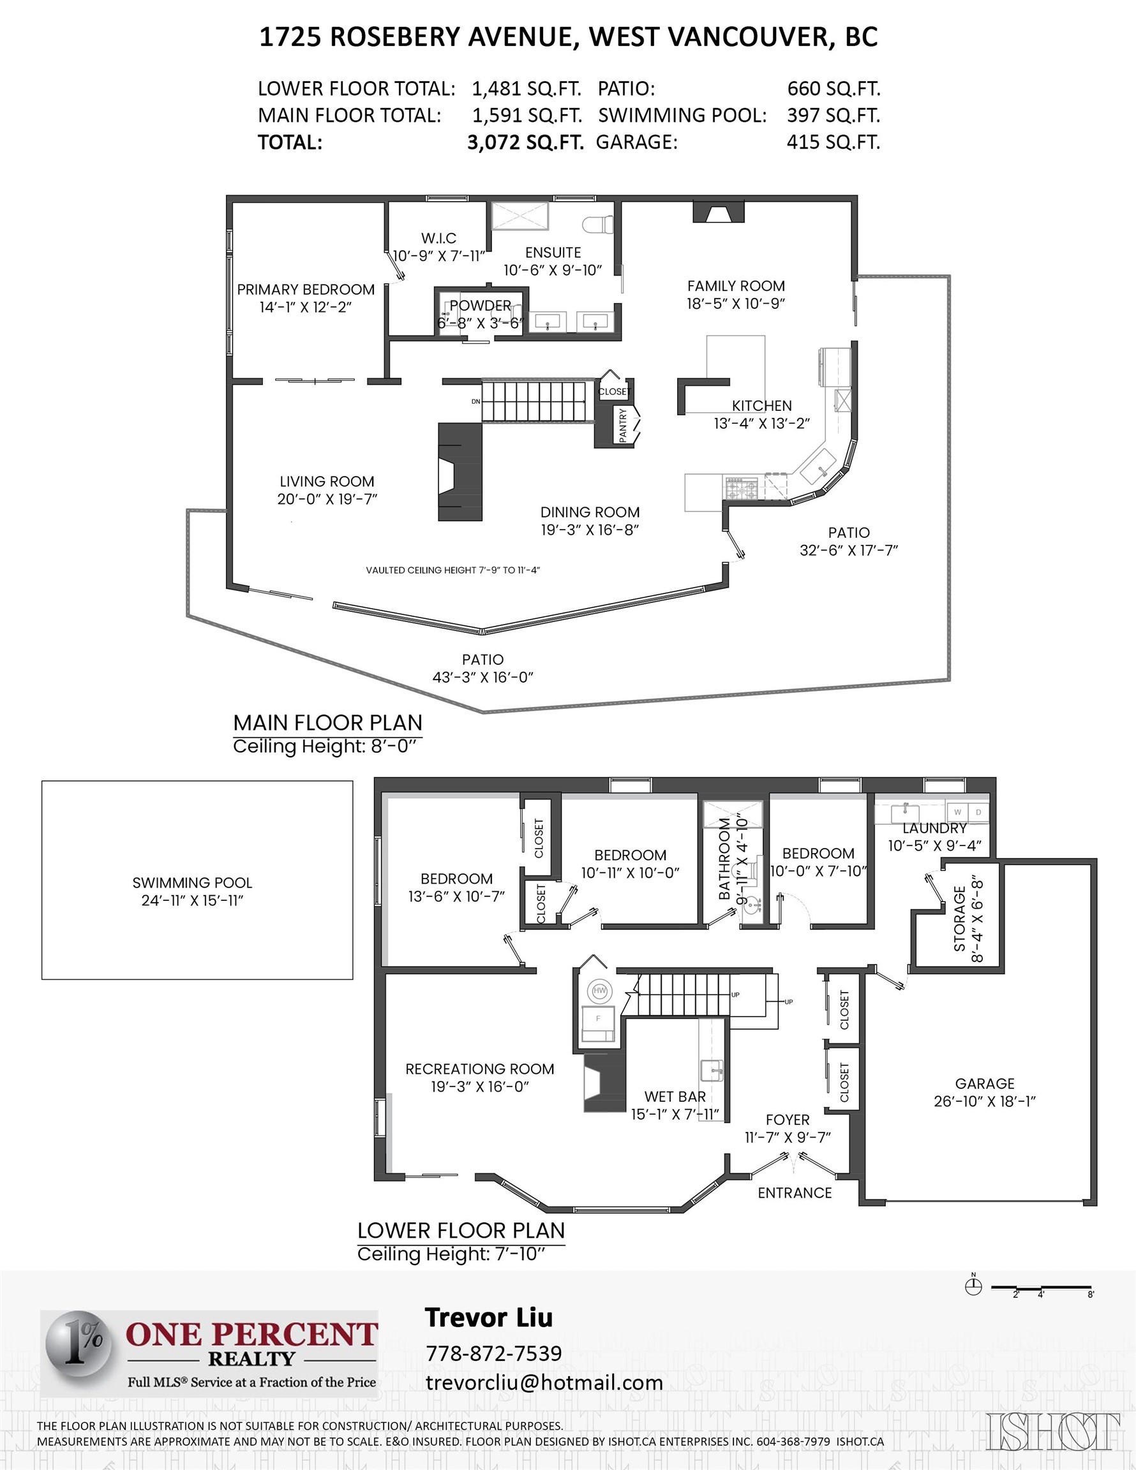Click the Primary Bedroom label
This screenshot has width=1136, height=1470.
(306, 290)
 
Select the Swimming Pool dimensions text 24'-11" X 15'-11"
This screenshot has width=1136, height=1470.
(192, 901)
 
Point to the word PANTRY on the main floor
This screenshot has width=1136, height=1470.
(623, 425)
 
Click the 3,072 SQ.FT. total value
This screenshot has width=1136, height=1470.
(525, 142)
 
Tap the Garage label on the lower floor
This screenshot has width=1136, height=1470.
(984, 1083)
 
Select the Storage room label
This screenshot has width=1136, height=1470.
(960, 919)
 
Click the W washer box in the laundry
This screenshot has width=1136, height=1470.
(957, 812)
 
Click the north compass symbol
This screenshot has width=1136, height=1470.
(973, 1286)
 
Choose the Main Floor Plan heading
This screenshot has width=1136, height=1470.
(327, 722)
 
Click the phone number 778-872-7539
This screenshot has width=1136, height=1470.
(493, 1353)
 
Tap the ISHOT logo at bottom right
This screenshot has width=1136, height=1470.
(1053, 1431)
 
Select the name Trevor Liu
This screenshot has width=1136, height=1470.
(488, 1318)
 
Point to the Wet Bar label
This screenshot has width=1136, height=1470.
(675, 1097)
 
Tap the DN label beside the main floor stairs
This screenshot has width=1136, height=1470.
(476, 402)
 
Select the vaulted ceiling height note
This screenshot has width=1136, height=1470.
(452, 570)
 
